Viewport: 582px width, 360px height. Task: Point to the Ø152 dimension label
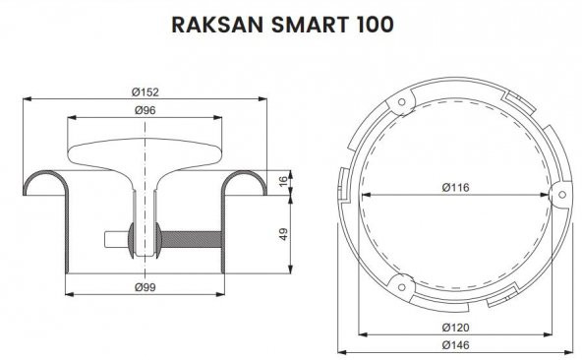145,91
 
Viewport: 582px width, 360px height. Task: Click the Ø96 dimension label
145,109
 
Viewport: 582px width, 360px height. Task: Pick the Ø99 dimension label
145,286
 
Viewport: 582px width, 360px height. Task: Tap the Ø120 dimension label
454,326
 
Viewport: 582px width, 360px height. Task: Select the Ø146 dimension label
454,344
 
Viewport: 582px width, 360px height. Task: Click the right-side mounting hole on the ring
556,192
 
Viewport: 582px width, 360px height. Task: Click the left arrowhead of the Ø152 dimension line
27,98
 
